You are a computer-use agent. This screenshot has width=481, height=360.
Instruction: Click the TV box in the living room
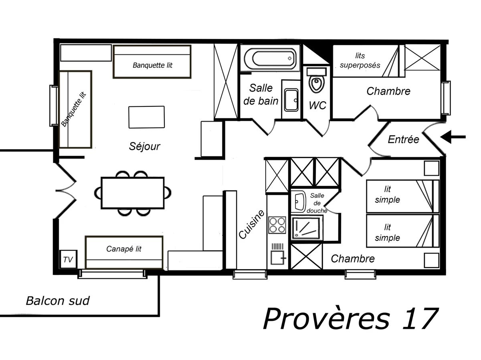(68, 260)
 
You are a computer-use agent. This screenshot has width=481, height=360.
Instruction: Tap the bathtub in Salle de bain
(270, 58)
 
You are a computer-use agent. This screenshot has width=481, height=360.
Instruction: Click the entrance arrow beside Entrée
(453, 137)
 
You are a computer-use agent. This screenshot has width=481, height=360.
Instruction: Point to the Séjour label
(144, 146)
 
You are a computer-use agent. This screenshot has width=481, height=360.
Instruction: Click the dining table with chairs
(133, 193)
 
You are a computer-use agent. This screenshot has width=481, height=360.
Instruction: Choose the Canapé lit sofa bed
(124, 252)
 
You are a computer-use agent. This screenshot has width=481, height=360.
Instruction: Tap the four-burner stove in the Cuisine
(277, 225)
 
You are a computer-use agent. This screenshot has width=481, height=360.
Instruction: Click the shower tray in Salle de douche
(307, 228)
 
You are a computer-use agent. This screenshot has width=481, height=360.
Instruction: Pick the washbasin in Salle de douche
(298, 202)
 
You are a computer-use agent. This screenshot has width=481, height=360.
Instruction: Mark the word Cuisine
(252, 224)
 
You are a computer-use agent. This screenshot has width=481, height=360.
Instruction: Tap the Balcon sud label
(57, 301)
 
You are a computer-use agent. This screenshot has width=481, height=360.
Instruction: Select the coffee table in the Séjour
(146, 117)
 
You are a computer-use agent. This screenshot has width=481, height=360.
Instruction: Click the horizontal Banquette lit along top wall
(152, 62)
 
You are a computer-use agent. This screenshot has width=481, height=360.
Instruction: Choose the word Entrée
(403, 139)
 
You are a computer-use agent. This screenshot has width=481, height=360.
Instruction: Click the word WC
(317, 106)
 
